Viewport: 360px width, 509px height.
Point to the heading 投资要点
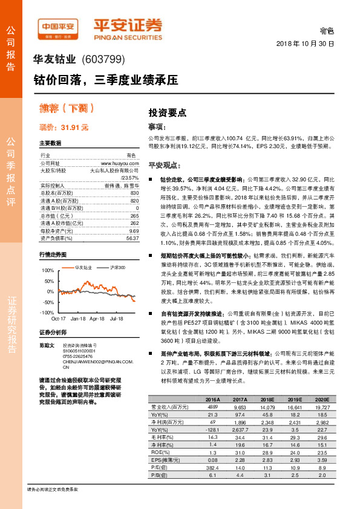pos(168,112)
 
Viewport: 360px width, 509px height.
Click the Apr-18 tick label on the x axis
pos(97,317)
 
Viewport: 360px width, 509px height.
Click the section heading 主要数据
pos(50,143)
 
